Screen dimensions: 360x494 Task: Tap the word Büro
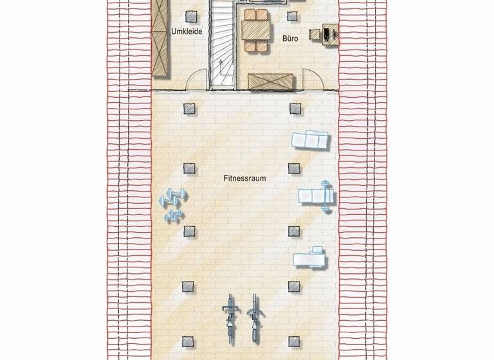coord(290,39)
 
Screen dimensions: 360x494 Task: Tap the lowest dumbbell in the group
coord(173,217)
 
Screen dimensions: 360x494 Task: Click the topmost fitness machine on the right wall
coord(310,139)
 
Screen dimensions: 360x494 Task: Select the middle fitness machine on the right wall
coord(317,194)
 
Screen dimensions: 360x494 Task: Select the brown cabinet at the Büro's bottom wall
coord(270,82)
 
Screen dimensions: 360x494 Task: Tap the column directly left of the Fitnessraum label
coord(188,168)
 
